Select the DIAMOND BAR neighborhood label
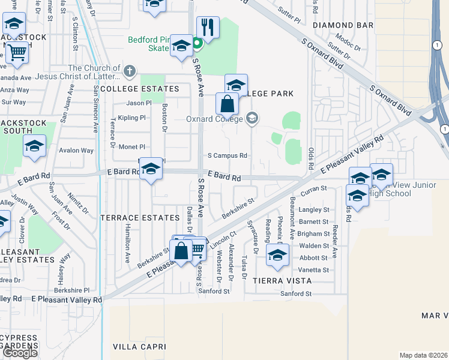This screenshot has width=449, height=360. coord(343,25)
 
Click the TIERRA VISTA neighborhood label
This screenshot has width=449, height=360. coord(282,280)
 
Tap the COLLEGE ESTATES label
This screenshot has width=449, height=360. coord(140,89)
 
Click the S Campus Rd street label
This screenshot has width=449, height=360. coord(228,155)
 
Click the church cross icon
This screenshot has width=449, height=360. coord(129,71)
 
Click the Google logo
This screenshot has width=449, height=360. coord(20,353)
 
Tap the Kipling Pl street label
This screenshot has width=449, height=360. coord(132,118)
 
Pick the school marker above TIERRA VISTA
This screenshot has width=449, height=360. coord(277,254)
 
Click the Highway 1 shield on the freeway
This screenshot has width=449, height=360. coord(444,129)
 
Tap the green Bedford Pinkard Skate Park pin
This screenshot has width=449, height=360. coord(196,44)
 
